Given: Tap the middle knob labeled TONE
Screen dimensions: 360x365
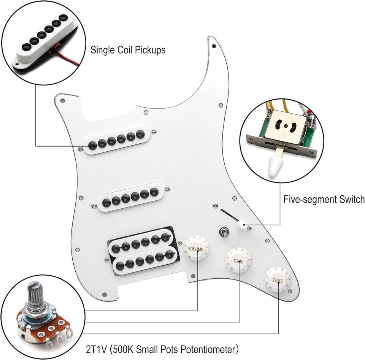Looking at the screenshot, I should coord(238,261).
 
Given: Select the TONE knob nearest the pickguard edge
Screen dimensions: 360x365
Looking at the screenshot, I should coord(278,279).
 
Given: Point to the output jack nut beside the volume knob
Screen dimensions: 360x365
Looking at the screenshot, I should coord(223,231).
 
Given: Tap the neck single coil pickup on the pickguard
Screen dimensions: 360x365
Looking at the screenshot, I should coord(116,140).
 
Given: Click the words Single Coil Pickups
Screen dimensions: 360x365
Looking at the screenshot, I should coord(128,50).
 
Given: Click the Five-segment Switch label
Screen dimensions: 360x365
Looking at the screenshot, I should coord(324,199).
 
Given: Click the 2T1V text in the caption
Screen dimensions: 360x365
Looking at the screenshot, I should coord(97,349).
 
